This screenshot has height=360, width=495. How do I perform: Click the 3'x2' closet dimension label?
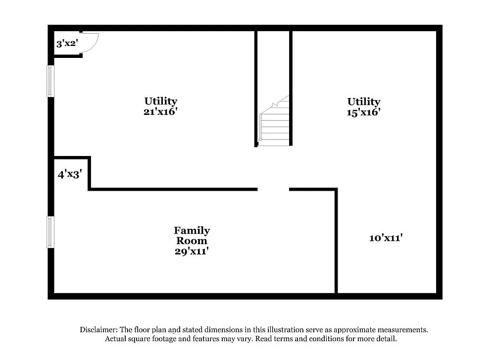point(67,44)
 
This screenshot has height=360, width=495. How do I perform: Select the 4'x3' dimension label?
point(69,174)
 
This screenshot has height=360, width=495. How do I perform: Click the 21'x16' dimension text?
point(160,112)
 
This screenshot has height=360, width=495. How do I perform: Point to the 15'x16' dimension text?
point(363,112)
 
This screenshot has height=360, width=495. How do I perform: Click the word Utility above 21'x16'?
point(160,102)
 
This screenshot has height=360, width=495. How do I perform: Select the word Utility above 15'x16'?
point(363,102)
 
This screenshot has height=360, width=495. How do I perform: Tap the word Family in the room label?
point(192,230)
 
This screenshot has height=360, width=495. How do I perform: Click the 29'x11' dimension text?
point(192,252)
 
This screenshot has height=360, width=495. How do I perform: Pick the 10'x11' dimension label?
point(386,238)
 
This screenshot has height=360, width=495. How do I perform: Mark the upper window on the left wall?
point(50,81)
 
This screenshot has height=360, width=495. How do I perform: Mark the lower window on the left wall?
point(50,232)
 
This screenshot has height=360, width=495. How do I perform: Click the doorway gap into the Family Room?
point(273,189)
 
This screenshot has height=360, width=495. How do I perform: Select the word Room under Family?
point(192,241)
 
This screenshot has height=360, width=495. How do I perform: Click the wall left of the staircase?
point(256,89)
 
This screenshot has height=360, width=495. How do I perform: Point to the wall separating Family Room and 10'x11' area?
point(337,243)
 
